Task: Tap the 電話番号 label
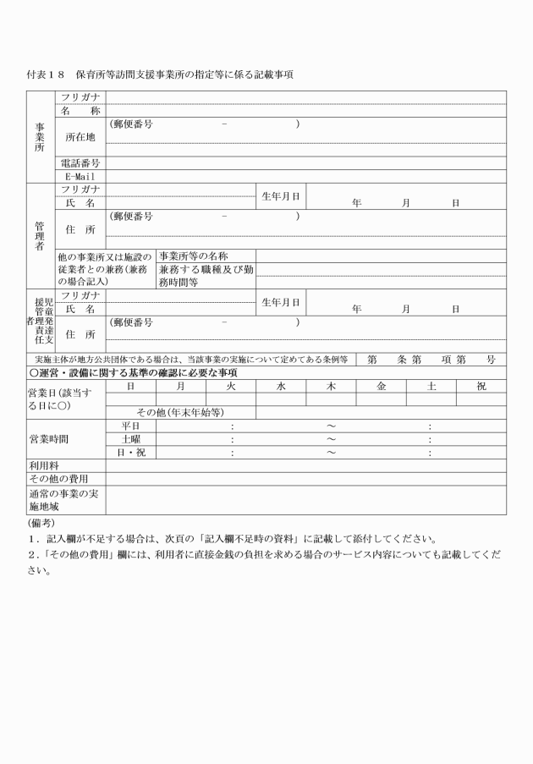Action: (80, 162)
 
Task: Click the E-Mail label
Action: (80, 176)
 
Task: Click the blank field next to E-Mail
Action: (305, 176)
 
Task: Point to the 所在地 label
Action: (80, 136)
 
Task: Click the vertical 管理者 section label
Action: (40, 232)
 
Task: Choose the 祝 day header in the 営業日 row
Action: (482, 386)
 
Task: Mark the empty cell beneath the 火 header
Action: (230, 399)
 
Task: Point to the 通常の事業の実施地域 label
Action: (65, 499)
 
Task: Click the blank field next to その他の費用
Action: (305, 479)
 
